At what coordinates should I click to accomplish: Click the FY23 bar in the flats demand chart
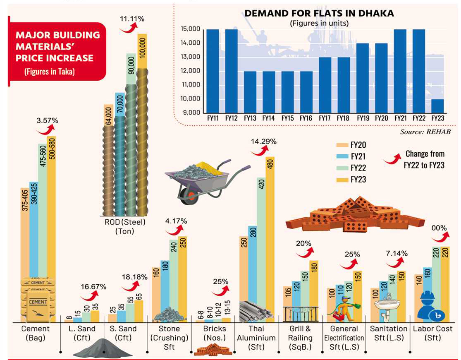click(x=438, y=106)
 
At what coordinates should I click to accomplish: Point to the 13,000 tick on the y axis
click(x=191, y=57)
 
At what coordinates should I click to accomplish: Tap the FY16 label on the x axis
click(x=306, y=118)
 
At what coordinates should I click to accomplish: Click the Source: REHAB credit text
click(x=425, y=132)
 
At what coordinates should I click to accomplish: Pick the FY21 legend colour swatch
click(x=342, y=157)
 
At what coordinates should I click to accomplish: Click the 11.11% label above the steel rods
click(x=132, y=19)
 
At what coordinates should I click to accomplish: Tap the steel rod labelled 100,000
click(x=142, y=124)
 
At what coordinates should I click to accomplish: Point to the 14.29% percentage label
click(x=263, y=142)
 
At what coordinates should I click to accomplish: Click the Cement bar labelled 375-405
click(x=25, y=252)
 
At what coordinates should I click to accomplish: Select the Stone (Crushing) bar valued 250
click(x=182, y=277)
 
